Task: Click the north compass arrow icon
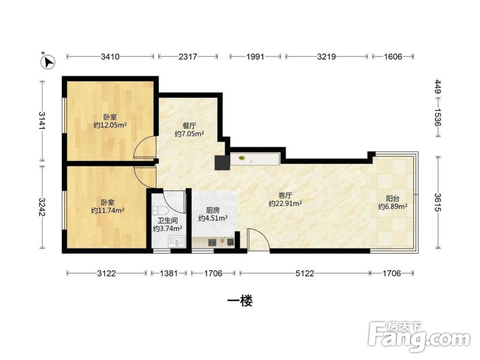click(x=47, y=61)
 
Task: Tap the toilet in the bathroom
click(x=161, y=211)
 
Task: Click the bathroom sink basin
click(x=177, y=241)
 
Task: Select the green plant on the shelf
click(x=242, y=158)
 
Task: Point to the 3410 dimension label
click(x=110, y=57)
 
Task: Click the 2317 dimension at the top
click(x=188, y=57)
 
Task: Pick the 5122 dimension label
click(x=305, y=273)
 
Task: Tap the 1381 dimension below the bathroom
click(x=168, y=273)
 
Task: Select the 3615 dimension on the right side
click(x=438, y=202)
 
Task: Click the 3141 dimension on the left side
click(x=42, y=120)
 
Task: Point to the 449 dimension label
click(x=438, y=86)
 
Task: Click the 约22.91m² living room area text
click(x=286, y=203)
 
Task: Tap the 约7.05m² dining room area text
click(x=189, y=134)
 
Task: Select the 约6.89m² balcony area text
click(x=393, y=207)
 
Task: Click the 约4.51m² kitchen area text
click(x=213, y=218)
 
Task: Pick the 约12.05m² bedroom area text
click(x=110, y=125)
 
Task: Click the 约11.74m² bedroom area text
click(x=108, y=211)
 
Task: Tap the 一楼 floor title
click(x=240, y=302)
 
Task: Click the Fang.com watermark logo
click(x=419, y=337)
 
